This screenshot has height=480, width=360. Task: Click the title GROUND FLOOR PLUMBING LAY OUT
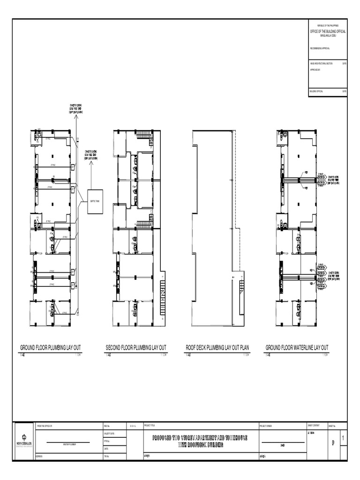pos(50,347)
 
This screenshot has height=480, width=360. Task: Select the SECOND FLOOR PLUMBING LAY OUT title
pos(136,347)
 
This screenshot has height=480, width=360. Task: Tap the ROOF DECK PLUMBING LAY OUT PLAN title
pos(217,347)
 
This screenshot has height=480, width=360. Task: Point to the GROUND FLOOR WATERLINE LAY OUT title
pos(297,347)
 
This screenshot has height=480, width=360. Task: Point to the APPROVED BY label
pos(315,69)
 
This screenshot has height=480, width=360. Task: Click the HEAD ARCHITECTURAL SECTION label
pos(321,63)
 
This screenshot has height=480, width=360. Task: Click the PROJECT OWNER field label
pos(266,426)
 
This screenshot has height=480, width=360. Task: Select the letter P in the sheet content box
pos(332,442)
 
